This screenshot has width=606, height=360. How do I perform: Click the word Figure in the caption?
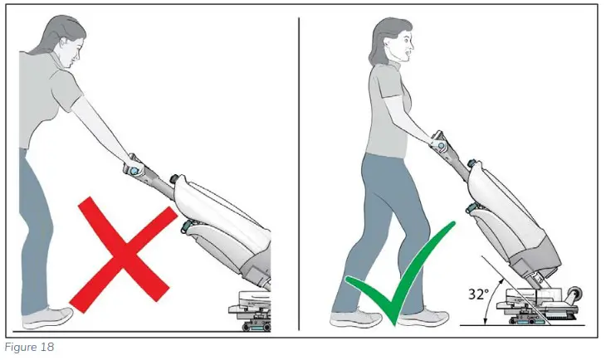tap(19, 348)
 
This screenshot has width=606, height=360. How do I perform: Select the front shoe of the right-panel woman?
tap(429, 317)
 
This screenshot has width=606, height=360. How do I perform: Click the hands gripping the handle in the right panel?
tap(437, 141)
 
